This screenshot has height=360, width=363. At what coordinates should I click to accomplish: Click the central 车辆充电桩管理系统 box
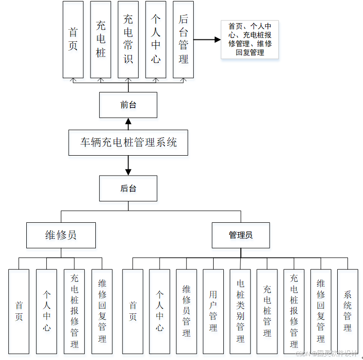point(128,143)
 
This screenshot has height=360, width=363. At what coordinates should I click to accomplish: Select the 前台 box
point(128,105)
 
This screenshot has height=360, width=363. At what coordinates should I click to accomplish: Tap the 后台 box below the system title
point(128,188)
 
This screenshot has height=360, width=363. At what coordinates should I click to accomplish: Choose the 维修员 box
point(61,235)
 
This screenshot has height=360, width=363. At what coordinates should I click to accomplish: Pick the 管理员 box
point(240,235)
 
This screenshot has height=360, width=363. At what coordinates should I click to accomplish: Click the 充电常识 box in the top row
point(128,39)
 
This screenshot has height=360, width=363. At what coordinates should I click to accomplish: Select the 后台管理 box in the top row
point(183,39)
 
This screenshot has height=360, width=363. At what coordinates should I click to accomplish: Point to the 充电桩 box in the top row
point(100,39)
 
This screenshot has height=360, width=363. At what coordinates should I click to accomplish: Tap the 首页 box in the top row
point(73,39)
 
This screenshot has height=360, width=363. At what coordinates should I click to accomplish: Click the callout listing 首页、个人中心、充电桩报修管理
point(250,39)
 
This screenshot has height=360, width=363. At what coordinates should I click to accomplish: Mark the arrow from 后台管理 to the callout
point(207,39)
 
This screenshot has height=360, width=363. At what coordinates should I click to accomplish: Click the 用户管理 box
point(213,311)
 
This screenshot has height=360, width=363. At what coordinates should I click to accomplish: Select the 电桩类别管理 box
point(240,311)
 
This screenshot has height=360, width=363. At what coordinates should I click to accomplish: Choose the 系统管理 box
point(347,311)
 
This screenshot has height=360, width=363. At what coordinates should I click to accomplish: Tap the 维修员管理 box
point(186,311)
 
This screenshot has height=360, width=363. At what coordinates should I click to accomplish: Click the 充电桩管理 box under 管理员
point(267,311)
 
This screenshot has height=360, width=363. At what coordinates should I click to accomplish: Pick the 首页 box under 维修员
point(19,311)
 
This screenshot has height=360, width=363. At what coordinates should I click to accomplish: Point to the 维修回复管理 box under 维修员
point(102,311)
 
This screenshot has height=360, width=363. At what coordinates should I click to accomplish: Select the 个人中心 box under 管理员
point(160,311)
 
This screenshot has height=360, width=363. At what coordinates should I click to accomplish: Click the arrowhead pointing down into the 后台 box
point(128,172)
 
